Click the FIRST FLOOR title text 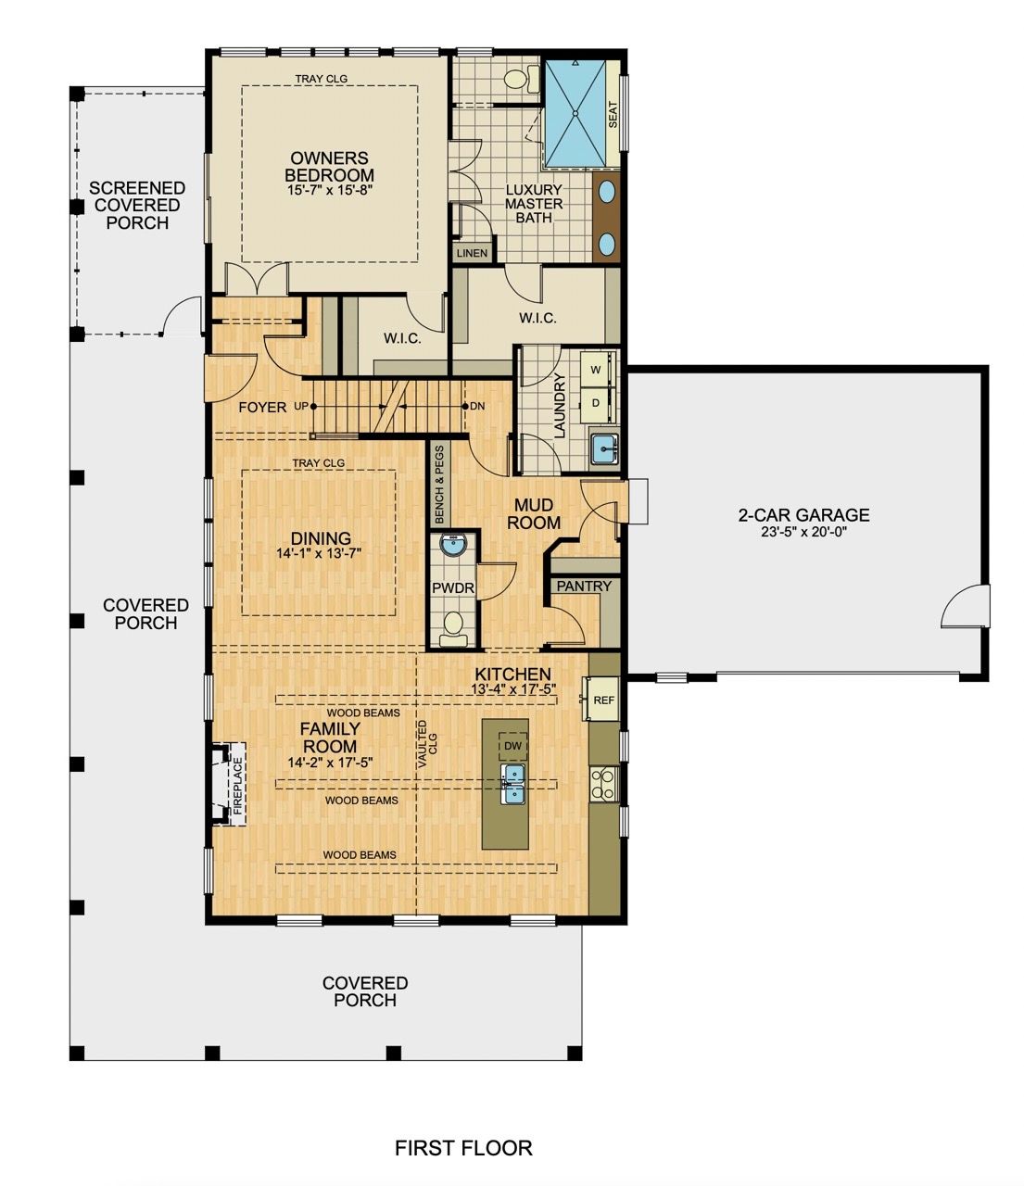[x=463, y=1149]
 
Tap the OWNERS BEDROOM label [x=329, y=168]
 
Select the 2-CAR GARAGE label [x=803, y=515]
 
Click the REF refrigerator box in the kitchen [x=603, y=700]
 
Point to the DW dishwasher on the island [x=512, y=746]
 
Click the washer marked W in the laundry [x=596, y=370]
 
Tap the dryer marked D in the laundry [x=596, y=403]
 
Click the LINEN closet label [x=472, y=253]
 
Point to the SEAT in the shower [x=613, y=115]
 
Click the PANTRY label [x=584, y=587]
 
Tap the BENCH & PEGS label [x=439, y=486]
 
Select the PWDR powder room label [x=452, y=588]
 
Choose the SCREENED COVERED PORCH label [x=137, y=206]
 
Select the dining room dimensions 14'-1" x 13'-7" [x=321, y=553]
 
